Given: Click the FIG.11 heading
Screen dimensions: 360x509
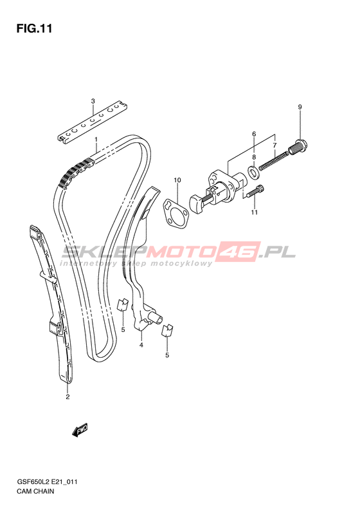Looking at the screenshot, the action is (x=34, y=28).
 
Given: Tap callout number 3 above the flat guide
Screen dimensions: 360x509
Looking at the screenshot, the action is (x=93, y=101).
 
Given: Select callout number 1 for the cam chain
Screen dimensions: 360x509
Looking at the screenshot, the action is (x=96, y=140).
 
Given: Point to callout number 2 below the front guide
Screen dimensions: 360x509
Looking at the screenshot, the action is (x=67, y=396).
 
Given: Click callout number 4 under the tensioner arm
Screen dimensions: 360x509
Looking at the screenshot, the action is (x=141, y=345).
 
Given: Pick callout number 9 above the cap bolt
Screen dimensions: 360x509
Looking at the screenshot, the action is (x=300, y=107).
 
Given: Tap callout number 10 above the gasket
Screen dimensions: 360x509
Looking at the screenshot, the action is (x=177, y=180).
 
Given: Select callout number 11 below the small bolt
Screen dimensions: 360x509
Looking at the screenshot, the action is (x=255, y=212).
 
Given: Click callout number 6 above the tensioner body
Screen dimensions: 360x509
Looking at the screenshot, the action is (x=254, y=134).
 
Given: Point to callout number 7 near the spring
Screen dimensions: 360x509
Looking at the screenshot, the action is (x=274, y=145).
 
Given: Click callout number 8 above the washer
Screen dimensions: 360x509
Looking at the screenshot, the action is (x=254, y=157).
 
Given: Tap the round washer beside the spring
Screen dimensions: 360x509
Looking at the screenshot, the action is (x=253, y=172).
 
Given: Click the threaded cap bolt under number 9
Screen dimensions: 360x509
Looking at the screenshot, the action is (x=298, y=148).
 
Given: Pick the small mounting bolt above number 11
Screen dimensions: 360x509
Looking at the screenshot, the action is (x=255, y=190).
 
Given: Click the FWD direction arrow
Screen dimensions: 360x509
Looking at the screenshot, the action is (x=80, y=430).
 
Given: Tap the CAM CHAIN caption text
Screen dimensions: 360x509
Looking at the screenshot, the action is (x=36, y=491).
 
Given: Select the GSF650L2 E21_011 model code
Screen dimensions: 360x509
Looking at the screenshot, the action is (x=48, y=482).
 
